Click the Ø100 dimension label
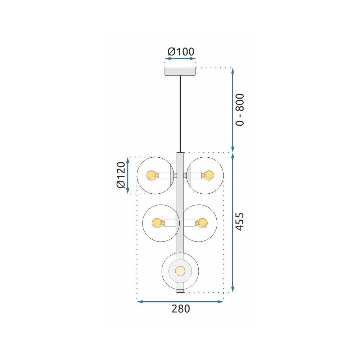pyautogui.click(x=180, y=52)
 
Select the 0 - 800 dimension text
pyautogui.click(x=240, y=109)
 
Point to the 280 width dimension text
pyautogui.click(x=180, y=309)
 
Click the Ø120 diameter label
pyautogui.click(x=121, y=175)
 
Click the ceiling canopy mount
pyautogui.click(x=180, y=71)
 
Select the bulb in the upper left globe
pyautogui.click(x=151, y=176)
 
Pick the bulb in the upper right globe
pyautogui.click(x=208, y=176)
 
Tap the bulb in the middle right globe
pyautogui.click(x=202, y=223)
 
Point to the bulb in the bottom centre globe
pyautogui.click(x=180, y=270)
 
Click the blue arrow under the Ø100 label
pyautogui.click(x=180, y=58)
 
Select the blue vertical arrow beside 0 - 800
pyautogui.click(x=233, y=110)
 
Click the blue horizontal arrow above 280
pyautogui.click(x=180, y=301)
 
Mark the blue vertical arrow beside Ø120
pyautogui.click(x=128, y=175)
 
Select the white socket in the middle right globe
pyautogui.click(x=189, y=223)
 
